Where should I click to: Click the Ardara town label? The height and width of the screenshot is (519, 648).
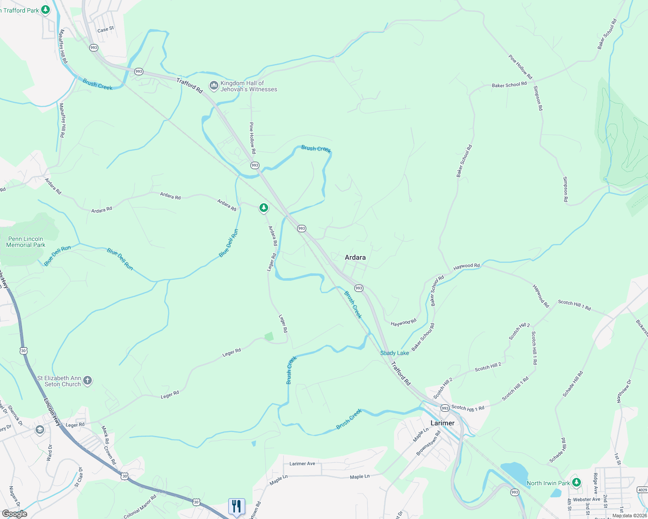pos(355,257)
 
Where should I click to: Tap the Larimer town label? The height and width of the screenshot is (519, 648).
pos(442,423)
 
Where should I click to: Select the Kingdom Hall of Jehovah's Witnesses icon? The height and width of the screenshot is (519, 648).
pos(214,86)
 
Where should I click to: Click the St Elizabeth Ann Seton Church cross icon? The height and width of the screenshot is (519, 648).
pos(87,381)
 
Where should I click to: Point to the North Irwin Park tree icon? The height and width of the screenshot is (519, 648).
pos(576,482)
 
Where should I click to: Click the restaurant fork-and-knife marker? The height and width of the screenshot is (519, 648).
pos(237,506)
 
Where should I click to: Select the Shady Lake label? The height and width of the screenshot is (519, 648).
pos(394,353)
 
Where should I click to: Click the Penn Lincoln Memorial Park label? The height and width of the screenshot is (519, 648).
pos(26,242)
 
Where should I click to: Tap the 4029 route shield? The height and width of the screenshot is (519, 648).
pos(642,490)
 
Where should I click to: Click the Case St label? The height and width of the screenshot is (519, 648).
pos(106,29)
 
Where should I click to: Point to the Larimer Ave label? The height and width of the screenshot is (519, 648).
pos(302,464)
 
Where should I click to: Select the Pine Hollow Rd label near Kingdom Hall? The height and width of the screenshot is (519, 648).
pos(252,138)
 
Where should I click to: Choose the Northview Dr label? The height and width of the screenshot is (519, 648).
pos(624,391)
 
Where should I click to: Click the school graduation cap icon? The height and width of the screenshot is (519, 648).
pos(40,430)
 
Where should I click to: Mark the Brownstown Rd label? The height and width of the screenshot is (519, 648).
pos(428,443)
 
